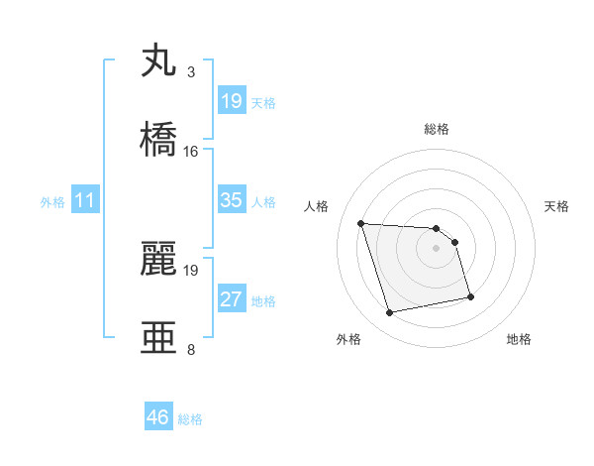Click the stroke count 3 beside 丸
(191, 72)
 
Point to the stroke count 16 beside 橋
(191, 151)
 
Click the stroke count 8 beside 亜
(191, 349)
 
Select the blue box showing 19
(232, 101)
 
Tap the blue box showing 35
(232, 200)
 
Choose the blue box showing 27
(232, 299)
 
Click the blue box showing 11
(85, 200)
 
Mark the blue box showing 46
(158, 417)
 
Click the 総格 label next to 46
(190, 419)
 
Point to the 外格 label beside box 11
(52, 202)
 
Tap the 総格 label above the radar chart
(437, 129)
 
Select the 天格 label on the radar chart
(556, 206)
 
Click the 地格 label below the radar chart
(519, 339)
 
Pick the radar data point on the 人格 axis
(361, 223)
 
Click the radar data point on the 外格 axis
(390, 313)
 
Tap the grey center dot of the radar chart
(437, 248)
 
